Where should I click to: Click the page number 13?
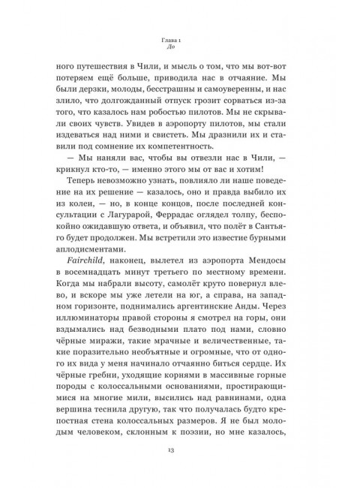coord(179,450)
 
